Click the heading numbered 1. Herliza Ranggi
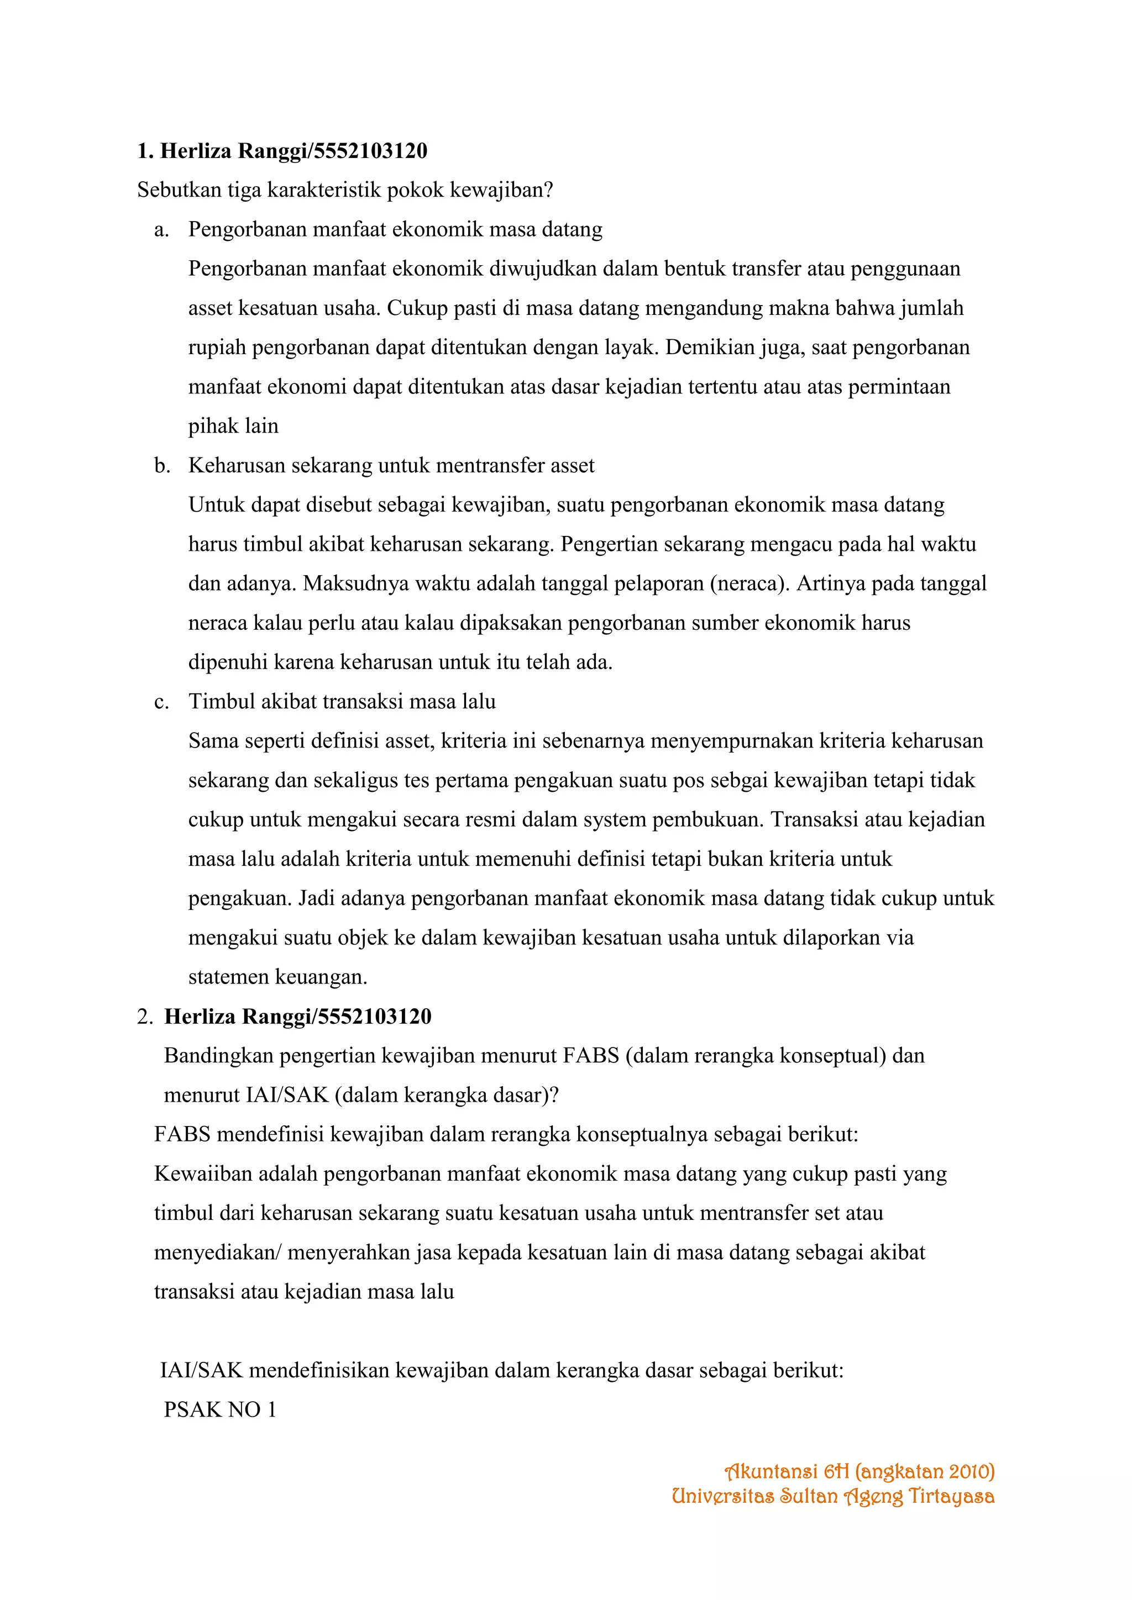[x=282, y=151]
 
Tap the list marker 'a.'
[x=162, y=230]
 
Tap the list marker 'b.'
[x=163, y=466]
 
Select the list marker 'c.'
[x=162, y=702]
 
